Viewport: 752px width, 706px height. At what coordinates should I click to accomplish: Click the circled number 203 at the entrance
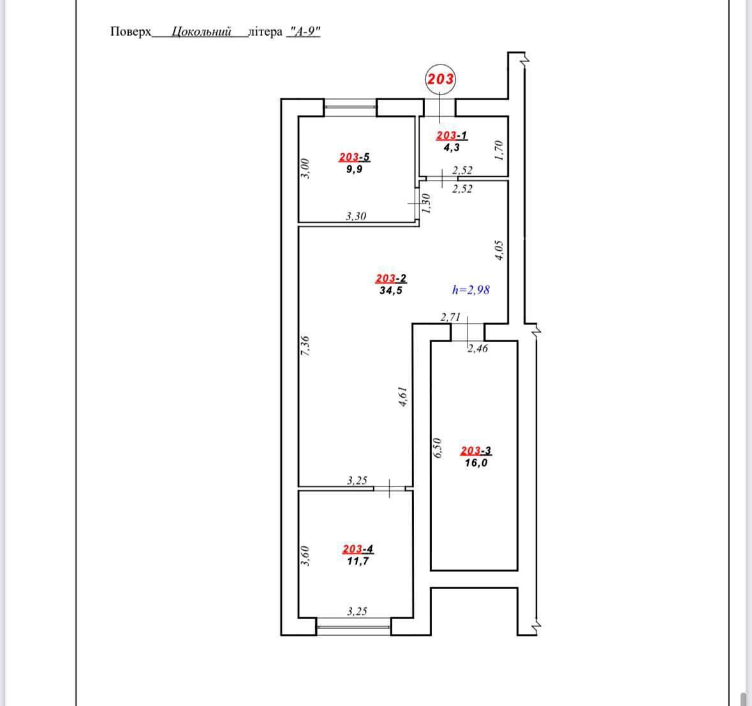tap(440, 79)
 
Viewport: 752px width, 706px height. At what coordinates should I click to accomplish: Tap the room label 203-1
tap(452, 135)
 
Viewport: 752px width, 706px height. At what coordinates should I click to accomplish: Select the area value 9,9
tap(355, 169)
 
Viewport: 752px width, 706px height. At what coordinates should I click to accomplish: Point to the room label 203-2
tap(391, 278)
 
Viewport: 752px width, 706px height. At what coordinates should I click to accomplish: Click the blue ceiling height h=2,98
tap(471, 290)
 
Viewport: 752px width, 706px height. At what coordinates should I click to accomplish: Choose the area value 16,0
tap(476, 463)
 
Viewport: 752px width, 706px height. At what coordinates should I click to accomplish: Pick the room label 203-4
tap(358, 548)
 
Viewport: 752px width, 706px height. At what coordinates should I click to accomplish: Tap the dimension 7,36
tap(305, 345)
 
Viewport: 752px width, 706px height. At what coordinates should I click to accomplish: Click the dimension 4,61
tap(403, 397)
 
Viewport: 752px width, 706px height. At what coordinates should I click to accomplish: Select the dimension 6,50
tap(437, 447)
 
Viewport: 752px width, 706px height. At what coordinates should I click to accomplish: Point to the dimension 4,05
tap(499, 250)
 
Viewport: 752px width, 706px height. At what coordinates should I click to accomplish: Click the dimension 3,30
tap(356, 216)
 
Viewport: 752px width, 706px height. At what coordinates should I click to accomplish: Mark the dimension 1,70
tap(499, 150)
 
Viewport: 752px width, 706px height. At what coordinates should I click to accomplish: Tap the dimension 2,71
tap(450, 317)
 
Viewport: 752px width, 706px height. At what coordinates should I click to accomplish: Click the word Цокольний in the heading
tap(202, 32)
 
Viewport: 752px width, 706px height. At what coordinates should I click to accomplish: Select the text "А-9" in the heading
tap(303, 31)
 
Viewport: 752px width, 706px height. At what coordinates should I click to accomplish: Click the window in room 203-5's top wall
tap(350, 107)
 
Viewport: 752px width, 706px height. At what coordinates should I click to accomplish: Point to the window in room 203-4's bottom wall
tap(354, 627)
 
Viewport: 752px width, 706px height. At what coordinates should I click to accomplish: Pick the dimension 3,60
tap(305, 556)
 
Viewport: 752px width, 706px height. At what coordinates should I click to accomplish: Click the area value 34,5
tap(391, 290)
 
